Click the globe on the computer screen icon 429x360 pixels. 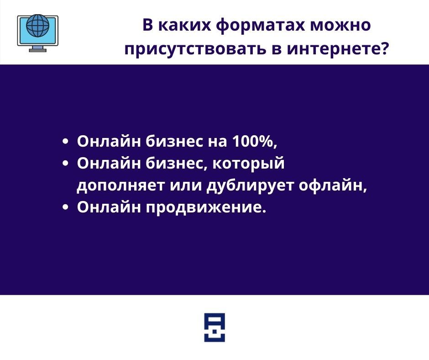pos(38,25)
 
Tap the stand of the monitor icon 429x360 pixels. pos(38,49)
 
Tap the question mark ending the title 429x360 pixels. pos(384,48)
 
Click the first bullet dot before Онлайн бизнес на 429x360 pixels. pos(65,142)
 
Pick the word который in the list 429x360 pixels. pos(249,164)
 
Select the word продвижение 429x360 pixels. pos(205,207)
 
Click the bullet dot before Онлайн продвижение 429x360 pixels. pos(65,207)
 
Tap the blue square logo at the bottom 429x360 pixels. pos(214,328)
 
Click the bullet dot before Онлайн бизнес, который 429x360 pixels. pos(65,164)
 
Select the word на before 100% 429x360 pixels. pos(218,142)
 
